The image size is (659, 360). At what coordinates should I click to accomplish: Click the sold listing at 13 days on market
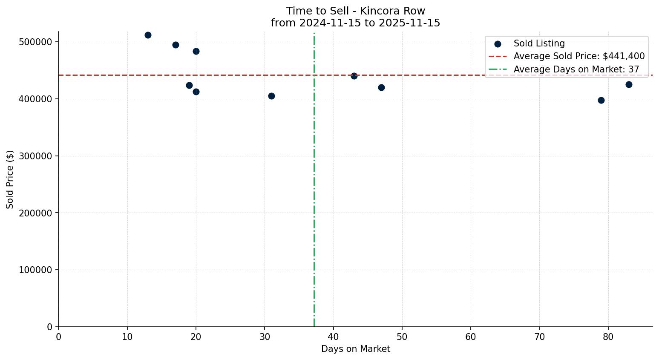[x=148, y=35]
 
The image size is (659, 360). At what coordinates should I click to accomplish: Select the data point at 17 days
[x=176, y=45]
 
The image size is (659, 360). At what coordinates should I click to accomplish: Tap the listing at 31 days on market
[x=271, y=96]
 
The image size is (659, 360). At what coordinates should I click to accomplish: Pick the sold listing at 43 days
[x=354, y=76]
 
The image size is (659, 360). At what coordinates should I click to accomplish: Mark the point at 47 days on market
[x=381, y=87]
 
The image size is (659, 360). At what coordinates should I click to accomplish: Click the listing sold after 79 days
[x=601, y=100]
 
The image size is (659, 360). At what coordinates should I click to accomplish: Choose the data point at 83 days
[x=629, y=84]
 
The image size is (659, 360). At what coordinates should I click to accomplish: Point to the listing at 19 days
[x=189, y=85]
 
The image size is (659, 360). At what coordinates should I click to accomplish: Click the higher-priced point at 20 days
[x=196, y=51]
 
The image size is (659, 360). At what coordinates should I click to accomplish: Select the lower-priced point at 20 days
[x=196, y=92]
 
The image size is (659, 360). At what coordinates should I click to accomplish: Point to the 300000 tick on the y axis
[x=36, y=156]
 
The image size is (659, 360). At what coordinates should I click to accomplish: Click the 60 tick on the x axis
[x=471, y=337]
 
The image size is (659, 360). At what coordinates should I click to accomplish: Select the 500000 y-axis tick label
[x=36, y=42]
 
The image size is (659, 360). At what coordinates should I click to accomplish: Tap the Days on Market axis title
[x=355, y=349]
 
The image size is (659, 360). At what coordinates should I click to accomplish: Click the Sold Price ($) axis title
[x=10, y=179]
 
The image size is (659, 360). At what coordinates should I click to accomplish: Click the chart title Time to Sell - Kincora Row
[x=355, y=11]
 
